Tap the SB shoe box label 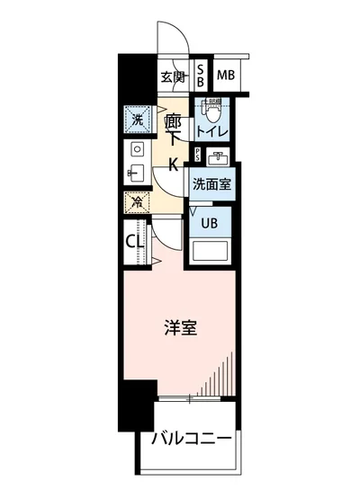tap(201, 76)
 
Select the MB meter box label tap(225, 75)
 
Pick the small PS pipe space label tap(197, 155)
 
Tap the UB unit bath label tap(209, 222)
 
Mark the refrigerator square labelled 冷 tap(137, 202)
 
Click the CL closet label tap(135, 242)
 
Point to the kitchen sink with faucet tap(136, 172)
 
